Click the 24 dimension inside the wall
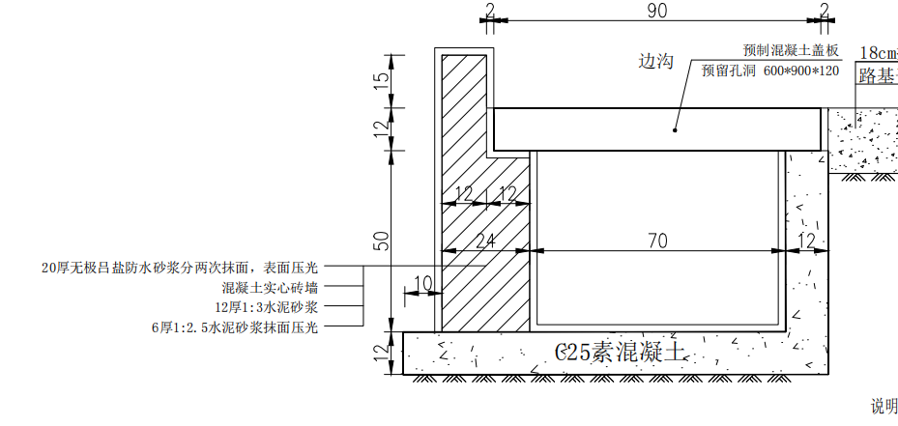(486, 241)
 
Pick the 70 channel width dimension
(657, 241)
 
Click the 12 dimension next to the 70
(805, 241)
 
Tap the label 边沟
(655, 61)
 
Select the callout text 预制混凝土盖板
(792, 50)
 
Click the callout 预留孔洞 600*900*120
(770, 71)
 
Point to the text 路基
(879, 75)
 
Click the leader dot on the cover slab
(675, 129)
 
